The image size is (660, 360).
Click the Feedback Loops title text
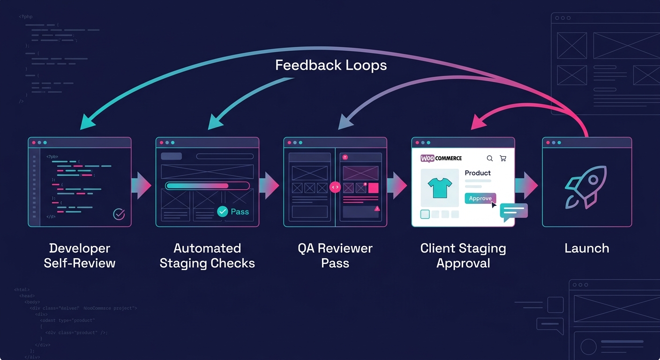click(331, 65)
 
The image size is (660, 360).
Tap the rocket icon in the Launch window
click(586, 187)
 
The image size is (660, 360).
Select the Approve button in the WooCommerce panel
click(480, 198)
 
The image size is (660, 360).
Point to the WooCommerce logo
click(441, 158)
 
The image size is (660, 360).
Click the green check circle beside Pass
click(223, 212)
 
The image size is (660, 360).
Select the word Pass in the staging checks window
click(240, 212)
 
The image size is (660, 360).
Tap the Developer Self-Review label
click(80, 255)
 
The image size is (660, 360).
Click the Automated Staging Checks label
click(207, 255)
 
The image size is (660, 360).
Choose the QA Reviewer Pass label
click(335, 255)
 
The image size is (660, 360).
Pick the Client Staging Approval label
click(463, 255)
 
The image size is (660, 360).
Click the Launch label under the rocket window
click(587, 248)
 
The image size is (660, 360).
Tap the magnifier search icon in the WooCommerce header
click(490, 158)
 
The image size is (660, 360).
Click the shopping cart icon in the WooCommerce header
click(503, 158)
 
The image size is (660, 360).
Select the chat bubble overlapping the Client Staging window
click(514, 212)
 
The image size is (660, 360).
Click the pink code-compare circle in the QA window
click(335, 187)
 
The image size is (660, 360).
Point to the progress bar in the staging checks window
click(207, 186)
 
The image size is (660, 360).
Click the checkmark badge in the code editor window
click(119, 214)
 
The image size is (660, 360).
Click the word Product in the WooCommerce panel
click(478, 173)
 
